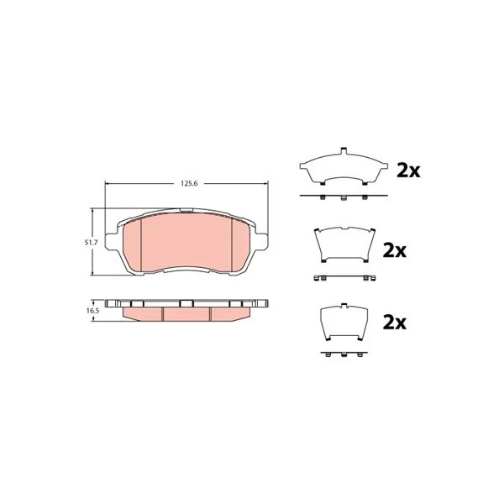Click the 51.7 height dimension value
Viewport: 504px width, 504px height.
click(x=91, y=243)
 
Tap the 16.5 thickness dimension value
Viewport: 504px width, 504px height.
click(x=92, y=311)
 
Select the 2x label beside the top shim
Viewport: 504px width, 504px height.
click(x=408, y=171)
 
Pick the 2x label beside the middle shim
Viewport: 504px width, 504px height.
click(x=395, y=250)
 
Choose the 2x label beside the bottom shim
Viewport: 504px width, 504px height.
click(x=395, y=323)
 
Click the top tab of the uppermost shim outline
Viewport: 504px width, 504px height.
click(x=344, y=150)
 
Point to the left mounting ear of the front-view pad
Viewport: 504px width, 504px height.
click(x=111, y=241)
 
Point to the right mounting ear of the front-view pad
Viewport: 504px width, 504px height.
click(x=261, y=241)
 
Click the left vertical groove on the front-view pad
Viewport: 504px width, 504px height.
click(x=141, y=244)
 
